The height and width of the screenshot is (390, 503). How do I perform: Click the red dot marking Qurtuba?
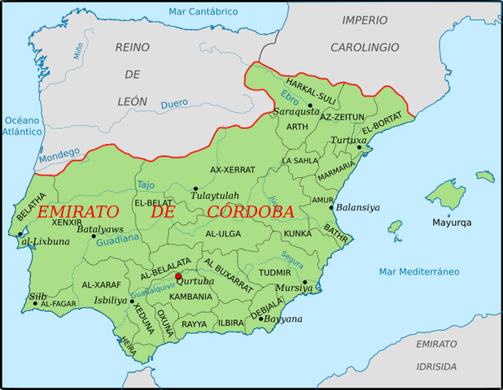178,276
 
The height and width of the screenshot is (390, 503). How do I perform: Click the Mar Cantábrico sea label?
203,11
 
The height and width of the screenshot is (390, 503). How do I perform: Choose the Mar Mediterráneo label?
418,271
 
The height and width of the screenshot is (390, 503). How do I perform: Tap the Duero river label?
173,104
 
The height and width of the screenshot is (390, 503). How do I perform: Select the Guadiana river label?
118,240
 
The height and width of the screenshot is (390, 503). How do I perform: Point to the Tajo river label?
146,184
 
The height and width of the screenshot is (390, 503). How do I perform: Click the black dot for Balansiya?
331,207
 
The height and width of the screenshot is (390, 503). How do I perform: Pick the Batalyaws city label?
100,229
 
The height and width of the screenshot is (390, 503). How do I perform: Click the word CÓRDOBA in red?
250,212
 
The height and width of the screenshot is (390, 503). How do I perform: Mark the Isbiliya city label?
111,300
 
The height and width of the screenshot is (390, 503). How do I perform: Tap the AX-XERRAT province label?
232,170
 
